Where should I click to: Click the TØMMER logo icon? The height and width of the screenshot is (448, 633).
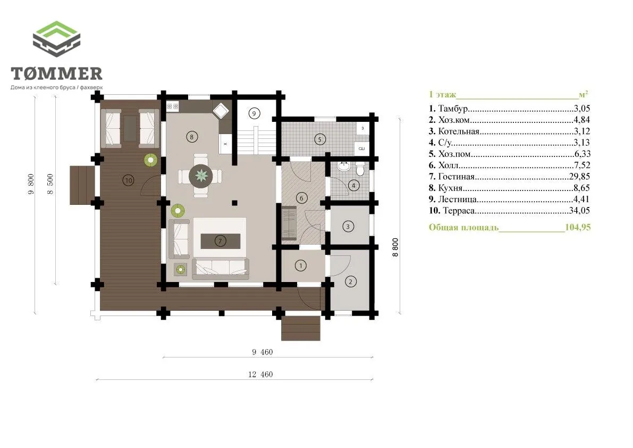[56, 39]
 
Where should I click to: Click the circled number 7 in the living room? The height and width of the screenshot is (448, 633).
[220, 241]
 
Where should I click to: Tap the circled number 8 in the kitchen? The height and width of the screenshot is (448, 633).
[192, 137]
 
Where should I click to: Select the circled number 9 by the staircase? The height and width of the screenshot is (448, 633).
[254, 113]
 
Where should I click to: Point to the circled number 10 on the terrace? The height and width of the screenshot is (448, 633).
[129, 180]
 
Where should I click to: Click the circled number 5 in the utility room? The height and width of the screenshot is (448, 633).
[320, 140]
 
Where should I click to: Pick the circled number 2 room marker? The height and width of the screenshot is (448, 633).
[350, 281]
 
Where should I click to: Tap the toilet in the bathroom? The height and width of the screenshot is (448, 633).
[360, 169]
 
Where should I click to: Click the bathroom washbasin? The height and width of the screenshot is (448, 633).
[344, 166]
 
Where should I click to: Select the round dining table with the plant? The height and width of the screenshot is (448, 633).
[201, 176]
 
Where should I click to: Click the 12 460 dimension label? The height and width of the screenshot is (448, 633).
[260, 375]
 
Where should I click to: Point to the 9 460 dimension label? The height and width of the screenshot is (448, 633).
[263, 352]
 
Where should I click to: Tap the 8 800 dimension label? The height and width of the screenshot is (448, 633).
[395, 247]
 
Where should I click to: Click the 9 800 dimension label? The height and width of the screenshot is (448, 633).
[31, 184]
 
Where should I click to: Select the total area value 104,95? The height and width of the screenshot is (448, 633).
[578, 227]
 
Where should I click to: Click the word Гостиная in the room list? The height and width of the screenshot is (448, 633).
[457, 177]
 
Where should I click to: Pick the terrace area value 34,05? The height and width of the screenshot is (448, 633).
[579, 211]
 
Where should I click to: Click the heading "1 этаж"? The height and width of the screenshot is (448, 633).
[442, 95]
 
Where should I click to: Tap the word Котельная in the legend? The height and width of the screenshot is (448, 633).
[459, 131]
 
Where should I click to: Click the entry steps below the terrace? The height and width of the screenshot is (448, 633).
[301, 328]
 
